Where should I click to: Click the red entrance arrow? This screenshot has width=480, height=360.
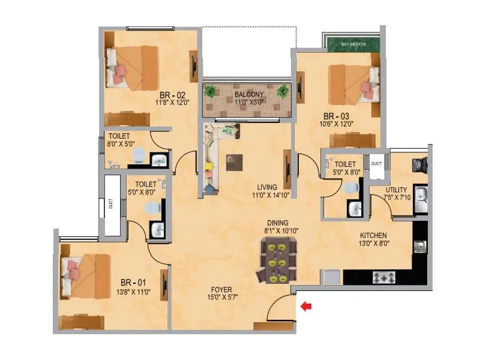[307, 307]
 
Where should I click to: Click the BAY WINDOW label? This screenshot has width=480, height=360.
[353, 45]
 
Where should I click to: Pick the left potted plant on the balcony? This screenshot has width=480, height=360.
[210, 91]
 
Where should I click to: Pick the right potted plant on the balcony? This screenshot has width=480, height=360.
[282, 91]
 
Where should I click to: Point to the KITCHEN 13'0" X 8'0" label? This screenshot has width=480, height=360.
[373, 239]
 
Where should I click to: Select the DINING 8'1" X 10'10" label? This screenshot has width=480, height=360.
[279, 225]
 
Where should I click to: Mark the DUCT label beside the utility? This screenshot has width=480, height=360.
[376, 163]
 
